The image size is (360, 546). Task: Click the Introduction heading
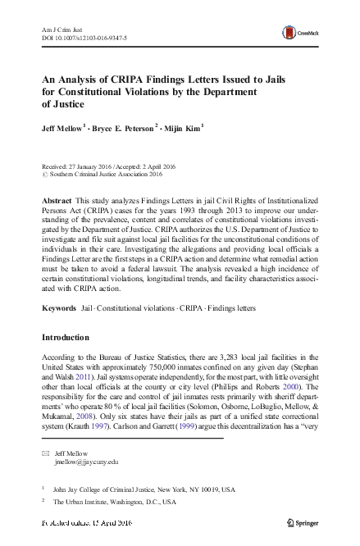coord(70,337)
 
